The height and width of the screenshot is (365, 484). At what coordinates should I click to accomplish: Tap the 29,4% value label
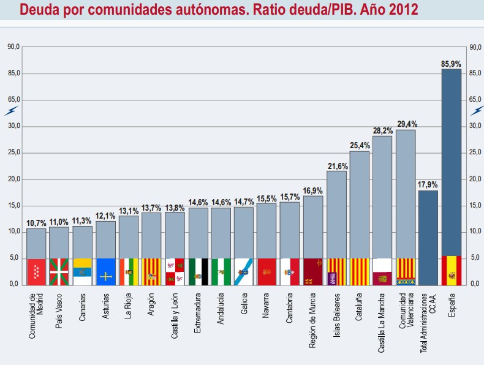(406, 124)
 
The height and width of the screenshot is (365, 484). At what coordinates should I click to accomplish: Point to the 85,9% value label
(451, 63)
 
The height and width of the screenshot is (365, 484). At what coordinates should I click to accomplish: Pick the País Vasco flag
(59, 271)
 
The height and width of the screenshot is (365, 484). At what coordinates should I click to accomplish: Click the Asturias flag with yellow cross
(105, 271)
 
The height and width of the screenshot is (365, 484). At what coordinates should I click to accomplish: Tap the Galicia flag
(244, 271)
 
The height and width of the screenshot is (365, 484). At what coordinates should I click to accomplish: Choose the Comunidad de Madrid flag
(36, 271)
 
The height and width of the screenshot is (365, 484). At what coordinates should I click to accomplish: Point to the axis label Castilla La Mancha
(382, 322)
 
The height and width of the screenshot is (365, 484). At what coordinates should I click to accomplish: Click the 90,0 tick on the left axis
(13, 47)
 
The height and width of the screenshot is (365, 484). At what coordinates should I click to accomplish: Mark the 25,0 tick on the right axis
(474, 152)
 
